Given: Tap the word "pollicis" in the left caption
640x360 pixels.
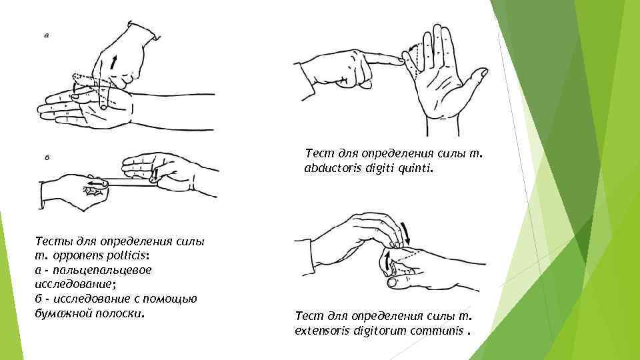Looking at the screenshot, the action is (x=127, y=255).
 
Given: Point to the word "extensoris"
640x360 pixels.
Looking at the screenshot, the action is (x=323, y=330).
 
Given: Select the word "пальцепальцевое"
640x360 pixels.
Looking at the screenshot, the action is (x=102, y=271).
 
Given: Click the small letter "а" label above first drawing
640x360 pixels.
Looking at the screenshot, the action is (x=47, y=35).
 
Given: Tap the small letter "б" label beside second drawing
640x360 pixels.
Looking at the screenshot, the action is (x=47, y=157).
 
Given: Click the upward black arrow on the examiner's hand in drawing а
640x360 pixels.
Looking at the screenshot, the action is (x=113, y=63).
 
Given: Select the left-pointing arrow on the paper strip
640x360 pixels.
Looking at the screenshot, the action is (x=97, y=184).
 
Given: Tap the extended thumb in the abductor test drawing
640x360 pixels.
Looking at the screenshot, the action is (x=475, y=79).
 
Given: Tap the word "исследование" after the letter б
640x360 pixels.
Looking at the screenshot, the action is (x=92, y=299).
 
